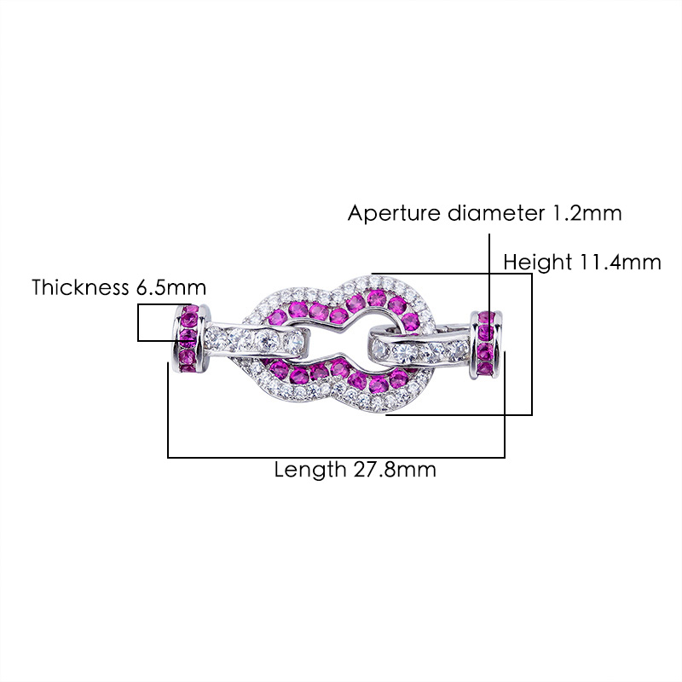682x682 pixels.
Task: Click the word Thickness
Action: (81, 287)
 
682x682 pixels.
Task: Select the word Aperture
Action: (395, 213)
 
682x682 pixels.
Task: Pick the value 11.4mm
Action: (620, 262)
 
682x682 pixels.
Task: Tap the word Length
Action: (309, 470)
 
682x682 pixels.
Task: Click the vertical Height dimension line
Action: (531, 344)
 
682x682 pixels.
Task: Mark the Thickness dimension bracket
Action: (140, 323)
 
